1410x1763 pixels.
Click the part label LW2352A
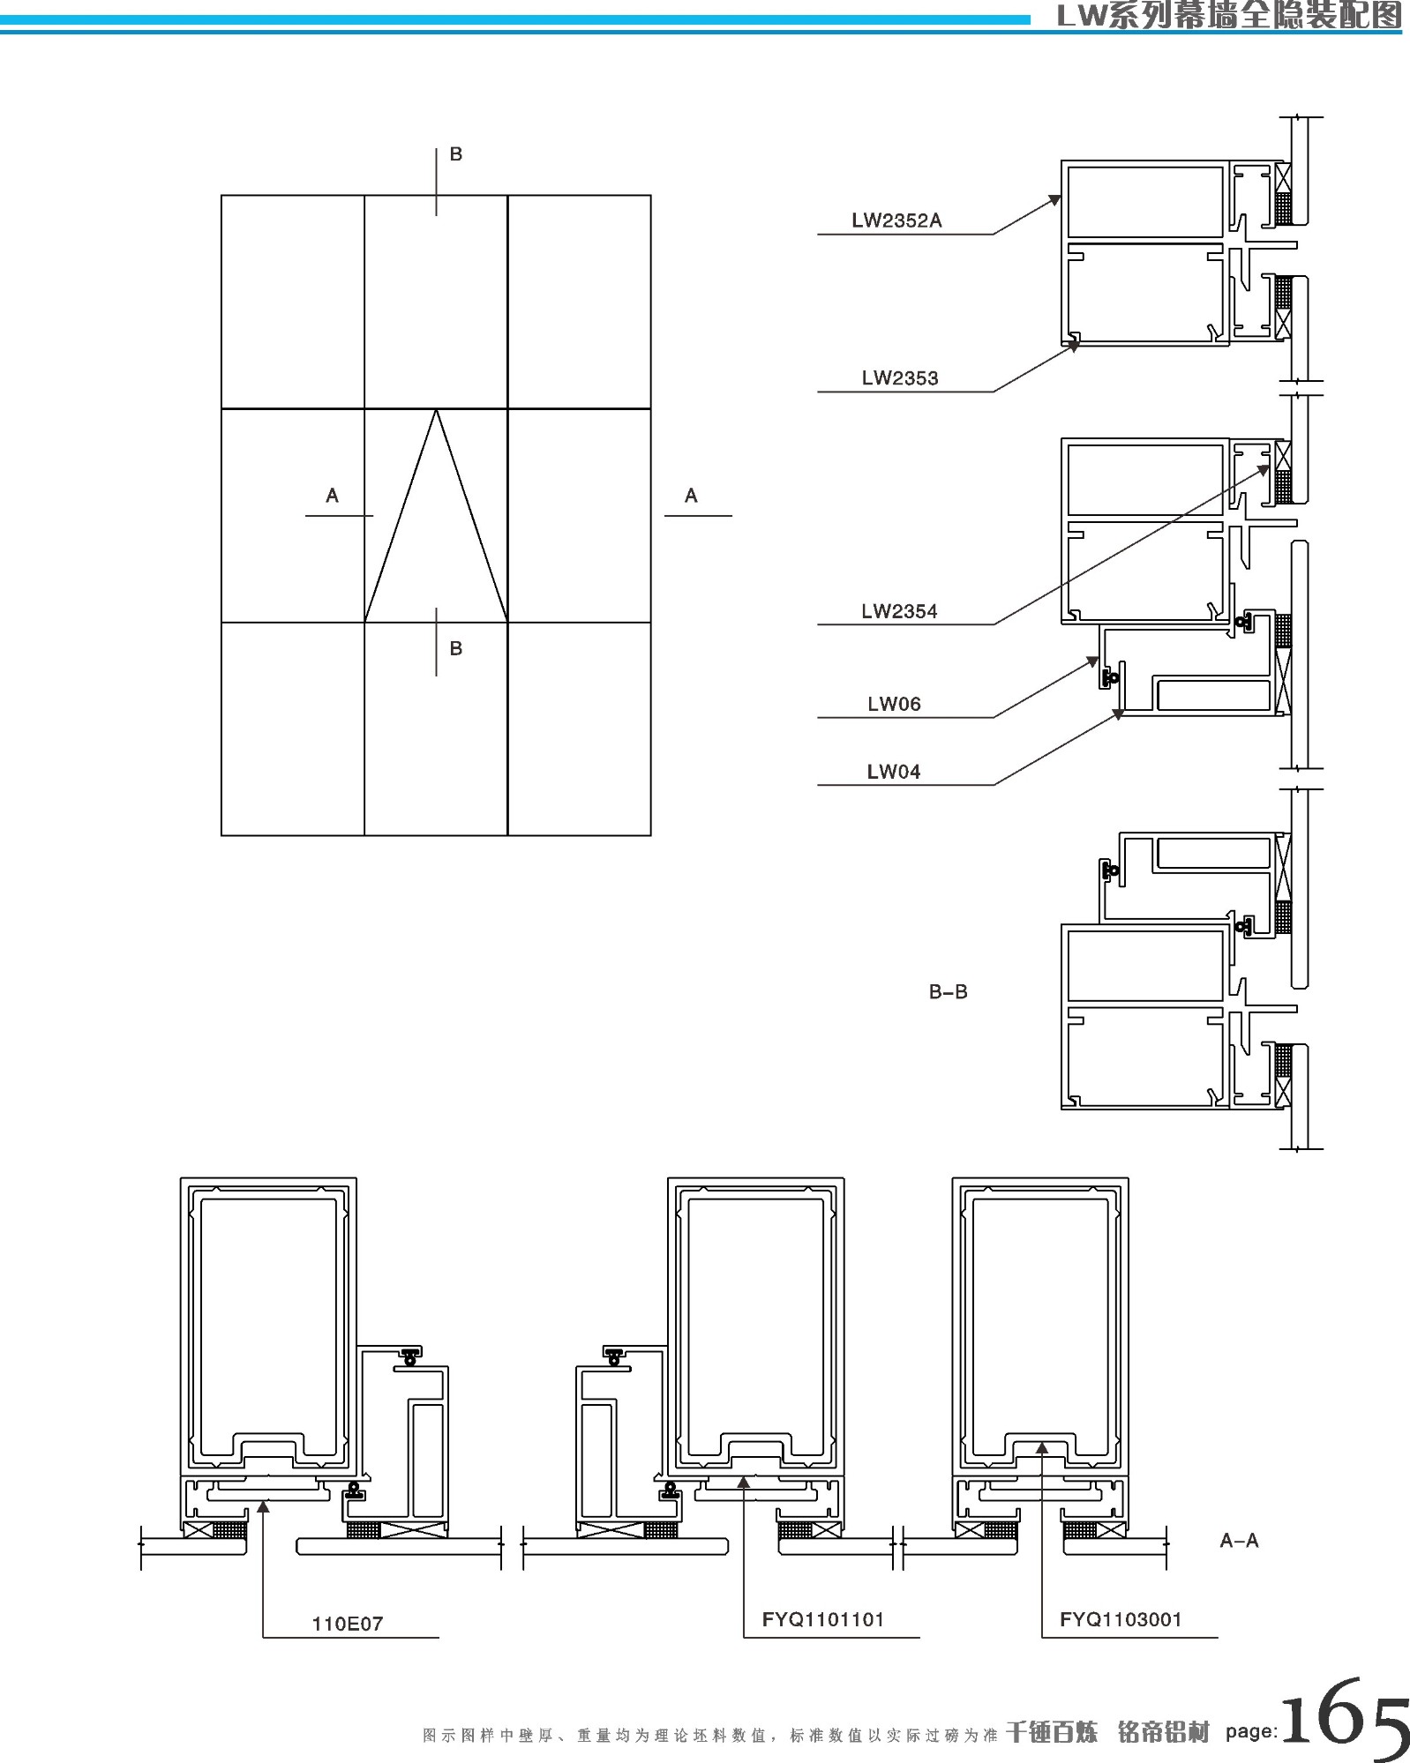click(896, 220)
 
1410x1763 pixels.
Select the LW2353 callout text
click(900, 378)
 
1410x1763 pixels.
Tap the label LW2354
click(899, 611)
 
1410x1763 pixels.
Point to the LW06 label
click(894, 704)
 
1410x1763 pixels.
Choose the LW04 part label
click(894, 772)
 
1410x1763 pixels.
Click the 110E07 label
click(348, 1624)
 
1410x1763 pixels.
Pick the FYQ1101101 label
click(823, 1619)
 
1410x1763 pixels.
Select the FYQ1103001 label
click(1121, 1619)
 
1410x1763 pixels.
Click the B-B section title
click(948, 992)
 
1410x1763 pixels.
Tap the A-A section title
click(1239, 1541)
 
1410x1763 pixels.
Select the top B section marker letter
click(456, 154)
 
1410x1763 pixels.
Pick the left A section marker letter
click(332, 496)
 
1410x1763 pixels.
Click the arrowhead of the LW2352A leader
click(1055, 200)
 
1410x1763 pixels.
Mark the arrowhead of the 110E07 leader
click(263, 1505)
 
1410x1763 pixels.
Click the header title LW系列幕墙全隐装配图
click(1228, 16)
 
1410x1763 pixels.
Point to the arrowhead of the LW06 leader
click(1093, 661)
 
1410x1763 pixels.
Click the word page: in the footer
click(1251, 1731)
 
